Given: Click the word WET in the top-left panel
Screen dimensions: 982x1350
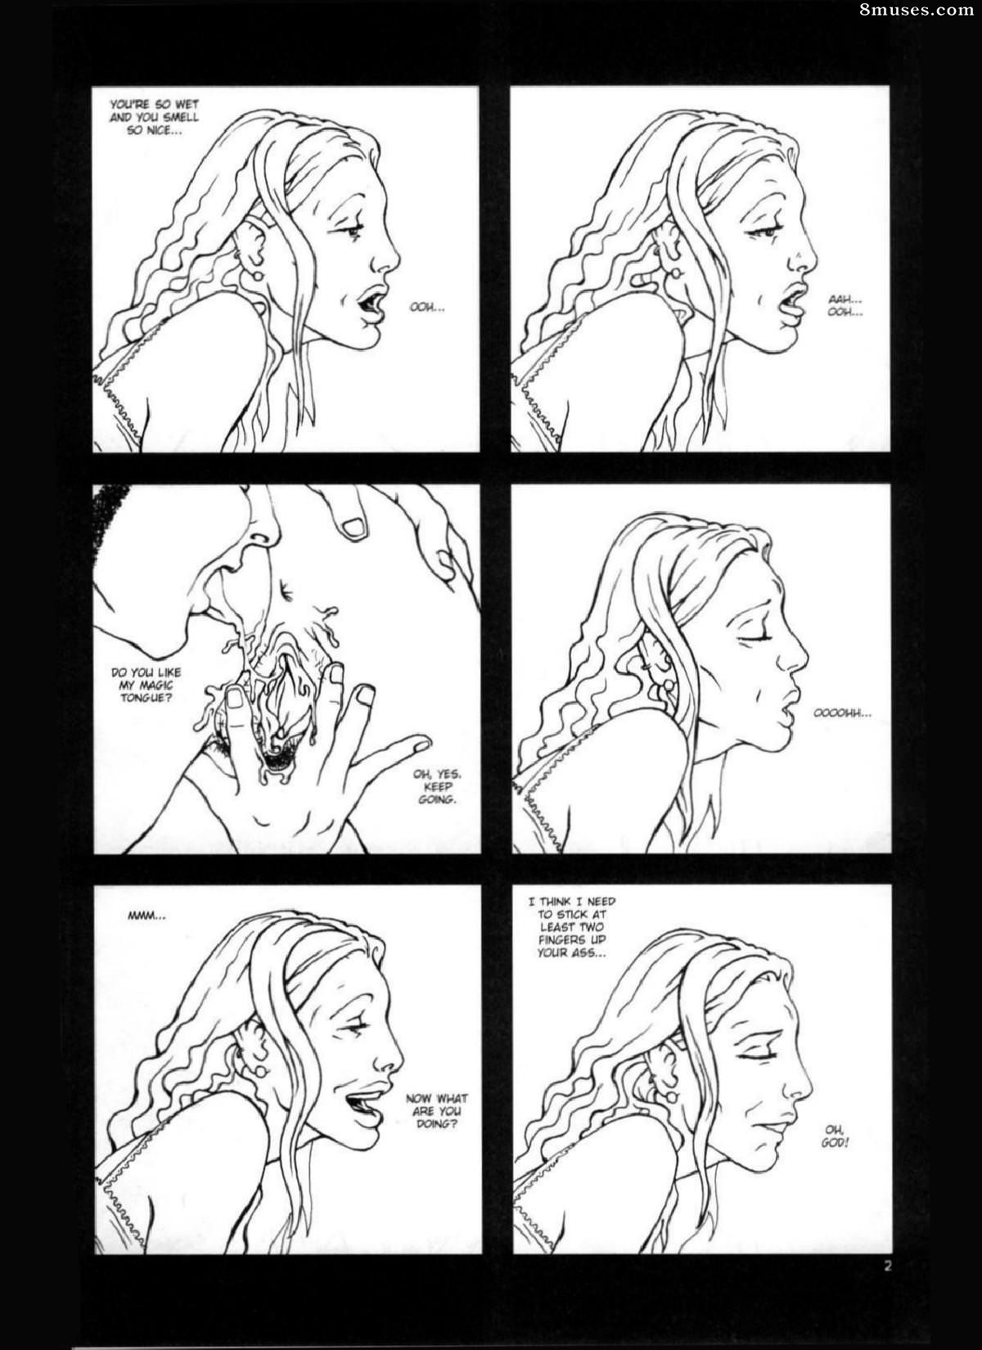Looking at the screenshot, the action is [187, 105].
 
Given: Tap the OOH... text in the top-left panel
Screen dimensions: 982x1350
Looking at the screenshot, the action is [427, 308].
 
